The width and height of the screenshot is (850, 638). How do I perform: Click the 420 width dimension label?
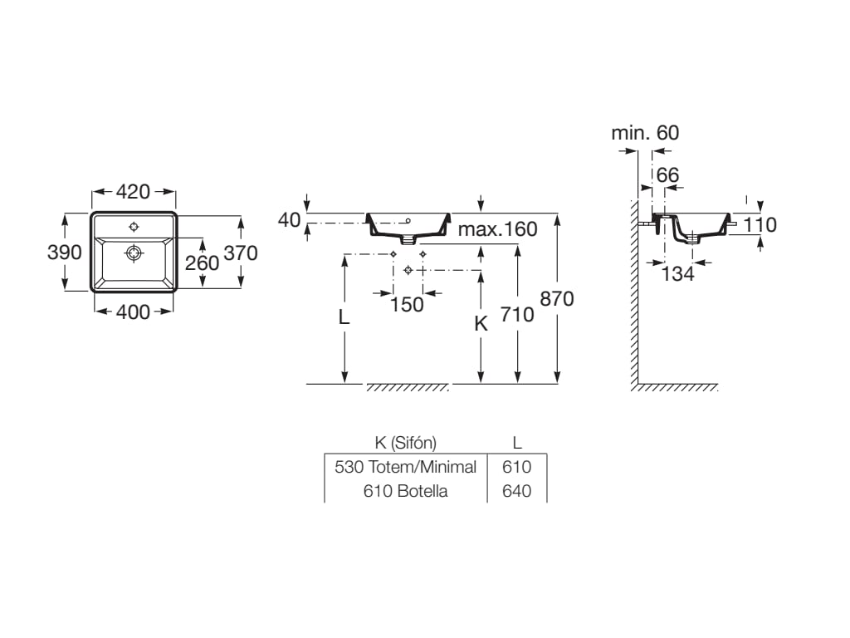133,192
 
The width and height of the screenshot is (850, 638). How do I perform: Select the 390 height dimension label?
64,253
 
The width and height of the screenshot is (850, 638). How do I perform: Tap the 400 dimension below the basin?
133,312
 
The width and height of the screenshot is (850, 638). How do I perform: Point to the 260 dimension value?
202,263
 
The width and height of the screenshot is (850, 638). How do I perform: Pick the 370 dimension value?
241,253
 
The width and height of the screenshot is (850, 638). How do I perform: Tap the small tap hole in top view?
134,226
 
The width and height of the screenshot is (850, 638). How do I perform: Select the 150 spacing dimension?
407,304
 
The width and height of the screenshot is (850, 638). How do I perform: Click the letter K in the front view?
481,324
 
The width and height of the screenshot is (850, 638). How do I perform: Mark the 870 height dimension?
557,298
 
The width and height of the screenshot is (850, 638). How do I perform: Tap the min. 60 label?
644,133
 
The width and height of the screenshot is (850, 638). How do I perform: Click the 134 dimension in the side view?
677,273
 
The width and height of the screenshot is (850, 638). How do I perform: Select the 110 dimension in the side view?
760,224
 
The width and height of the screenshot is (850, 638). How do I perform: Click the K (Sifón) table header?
405,443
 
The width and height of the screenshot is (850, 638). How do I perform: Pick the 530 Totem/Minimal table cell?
405,467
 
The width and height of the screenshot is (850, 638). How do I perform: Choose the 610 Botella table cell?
405,491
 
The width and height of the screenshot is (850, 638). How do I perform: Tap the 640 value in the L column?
516,491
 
